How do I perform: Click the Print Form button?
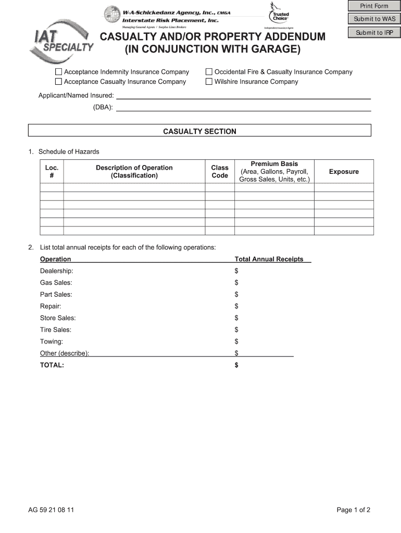point(374,6)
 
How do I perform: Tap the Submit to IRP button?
point(374,33)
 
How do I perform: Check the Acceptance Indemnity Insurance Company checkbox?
point(59,72)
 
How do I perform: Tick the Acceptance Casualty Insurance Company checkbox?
point(59,82)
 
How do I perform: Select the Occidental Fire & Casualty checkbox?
point(209,72)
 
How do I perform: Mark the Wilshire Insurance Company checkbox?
point(209,82)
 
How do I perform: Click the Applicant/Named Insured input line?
point(243,95)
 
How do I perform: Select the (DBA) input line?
point(243,107)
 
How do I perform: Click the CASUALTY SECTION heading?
point(199,132)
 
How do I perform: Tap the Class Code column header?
point(219,171)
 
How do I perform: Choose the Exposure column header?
point(344,172)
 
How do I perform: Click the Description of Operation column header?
point(134,171)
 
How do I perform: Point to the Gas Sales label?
point(56,283)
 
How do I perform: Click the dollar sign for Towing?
point(236,341)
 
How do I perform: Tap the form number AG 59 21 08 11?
point(51,510)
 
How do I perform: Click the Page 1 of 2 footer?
point(353,510)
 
